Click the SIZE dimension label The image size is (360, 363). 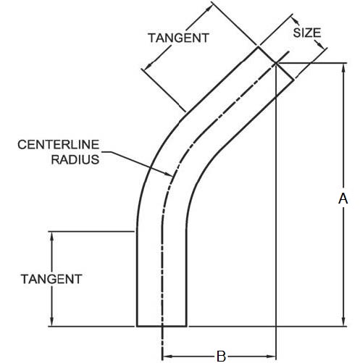coord(307,33)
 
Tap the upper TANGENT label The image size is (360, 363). coord(178,38)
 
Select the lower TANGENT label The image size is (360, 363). coord(51,279)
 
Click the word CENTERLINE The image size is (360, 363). coord(59,145)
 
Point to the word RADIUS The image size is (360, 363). coord(75,159)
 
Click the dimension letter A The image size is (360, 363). coord(343,199)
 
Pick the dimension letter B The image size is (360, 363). coord(221,356)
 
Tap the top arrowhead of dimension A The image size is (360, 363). coord(344,67)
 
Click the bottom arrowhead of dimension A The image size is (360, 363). coord(344,322)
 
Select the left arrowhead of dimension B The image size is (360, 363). coord(167,356)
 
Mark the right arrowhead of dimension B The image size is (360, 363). coord(271,356)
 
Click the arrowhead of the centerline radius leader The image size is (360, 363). coord(168,174)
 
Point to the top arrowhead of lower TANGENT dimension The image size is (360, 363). coord(51,236)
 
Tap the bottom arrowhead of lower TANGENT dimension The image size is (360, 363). coord(51,322)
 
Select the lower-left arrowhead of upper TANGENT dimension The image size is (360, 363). coord(148,66)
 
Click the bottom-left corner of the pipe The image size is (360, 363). coord(137,326)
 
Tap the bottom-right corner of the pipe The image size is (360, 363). coord(186,326)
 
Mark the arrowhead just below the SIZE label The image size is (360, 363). coord(319,44)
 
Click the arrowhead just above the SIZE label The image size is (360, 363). coord(296,21)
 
